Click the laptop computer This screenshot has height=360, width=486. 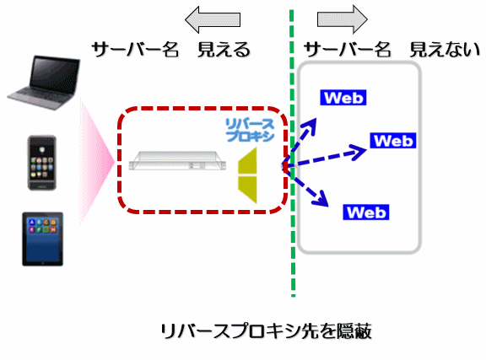coord(44,83)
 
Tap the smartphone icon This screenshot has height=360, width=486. coord(42,163)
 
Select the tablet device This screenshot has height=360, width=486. coord(43,239)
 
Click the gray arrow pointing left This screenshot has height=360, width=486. coord(213,20)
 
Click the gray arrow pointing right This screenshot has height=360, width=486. coord(343,19)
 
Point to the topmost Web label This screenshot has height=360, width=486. coord(343,98)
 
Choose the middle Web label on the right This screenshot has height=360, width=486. coord(393,140)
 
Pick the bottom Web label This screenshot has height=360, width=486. coord(366,212)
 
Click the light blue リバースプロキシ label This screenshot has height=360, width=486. coord(250,130)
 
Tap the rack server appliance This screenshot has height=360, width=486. coord(177,160)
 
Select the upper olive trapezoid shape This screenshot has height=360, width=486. coord(248,161)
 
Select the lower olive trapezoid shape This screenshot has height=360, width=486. coord(248,190)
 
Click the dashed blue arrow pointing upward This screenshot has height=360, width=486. coord(300,142)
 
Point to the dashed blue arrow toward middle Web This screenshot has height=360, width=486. coord(326,158)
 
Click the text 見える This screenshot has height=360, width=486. coord(224,50)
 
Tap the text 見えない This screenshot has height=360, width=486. coord(445,50)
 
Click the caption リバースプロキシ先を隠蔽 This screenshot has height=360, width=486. coord(266,331)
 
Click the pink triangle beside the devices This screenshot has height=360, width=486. coord(97,161)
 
